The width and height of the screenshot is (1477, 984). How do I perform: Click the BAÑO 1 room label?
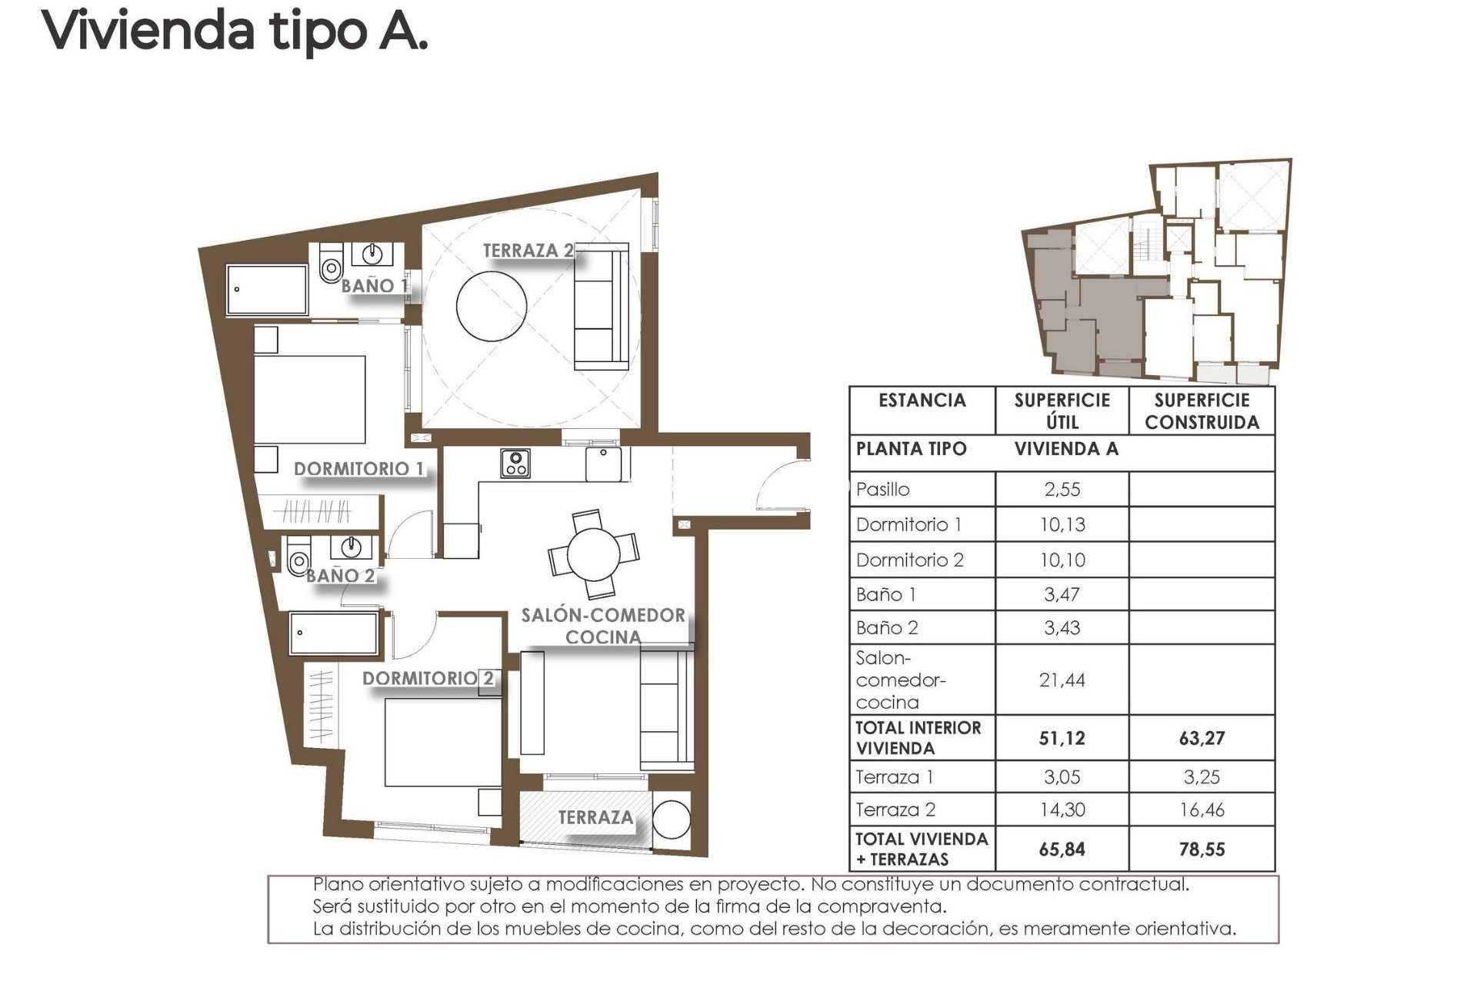(x=374, y=286)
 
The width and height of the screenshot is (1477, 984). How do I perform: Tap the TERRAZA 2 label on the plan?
(x=528, y=251)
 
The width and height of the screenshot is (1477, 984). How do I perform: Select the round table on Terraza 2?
(x=491, y=305)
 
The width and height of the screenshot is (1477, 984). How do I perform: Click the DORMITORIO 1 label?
(x=358, y=469)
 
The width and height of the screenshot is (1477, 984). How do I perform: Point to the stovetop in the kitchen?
(x=515, y=464)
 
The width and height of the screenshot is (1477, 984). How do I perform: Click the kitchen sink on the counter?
(x=604, y=464)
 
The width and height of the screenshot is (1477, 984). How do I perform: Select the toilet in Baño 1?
(x=331, y=265)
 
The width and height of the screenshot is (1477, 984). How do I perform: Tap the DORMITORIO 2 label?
(x=428, y=679)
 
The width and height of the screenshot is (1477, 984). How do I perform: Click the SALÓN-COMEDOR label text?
(x=603, y=616)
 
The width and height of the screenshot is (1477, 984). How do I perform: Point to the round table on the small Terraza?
(x=672, y=819)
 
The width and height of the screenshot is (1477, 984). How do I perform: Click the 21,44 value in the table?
(x=1062, y=680)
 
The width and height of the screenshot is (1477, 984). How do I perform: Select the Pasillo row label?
(x=882, y=490)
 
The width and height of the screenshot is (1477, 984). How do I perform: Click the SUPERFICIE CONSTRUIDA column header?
(x=1202, y=411)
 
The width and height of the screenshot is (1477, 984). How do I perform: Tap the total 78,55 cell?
(x=1202, y=849)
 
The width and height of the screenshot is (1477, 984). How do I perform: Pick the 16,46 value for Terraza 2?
(x=1202, y=809)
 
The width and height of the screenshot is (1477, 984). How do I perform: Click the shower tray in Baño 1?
(x=267, y=290)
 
